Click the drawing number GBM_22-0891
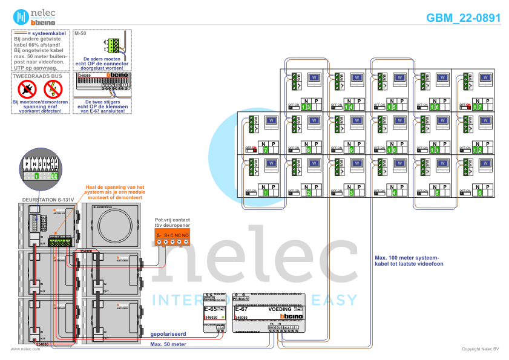(x=464, y=18)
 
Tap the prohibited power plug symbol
(x=26, y=90)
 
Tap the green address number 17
(x=478, y=106)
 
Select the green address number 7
(x=266, y=149)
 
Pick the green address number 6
(x=479, y=193)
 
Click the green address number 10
(x=393, y=149)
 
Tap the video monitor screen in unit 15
(x=399, y=78)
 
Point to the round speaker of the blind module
(x=110, y=227)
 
